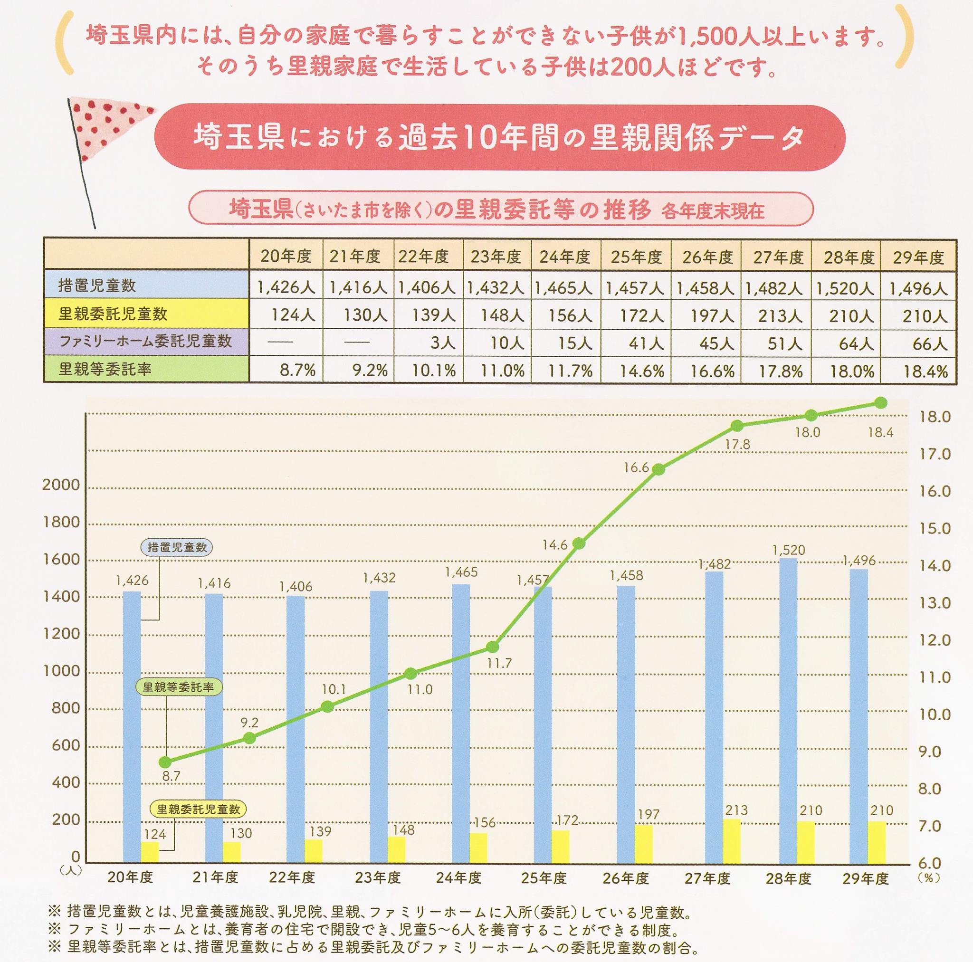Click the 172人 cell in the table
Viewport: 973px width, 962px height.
tap(636, 316)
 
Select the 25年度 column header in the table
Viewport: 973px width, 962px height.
tap(636, 257)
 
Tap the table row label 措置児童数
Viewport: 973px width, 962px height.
tap(97, 286)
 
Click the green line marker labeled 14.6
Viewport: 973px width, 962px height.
tap(579, 543)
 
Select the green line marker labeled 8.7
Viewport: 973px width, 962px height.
tap(164, 762)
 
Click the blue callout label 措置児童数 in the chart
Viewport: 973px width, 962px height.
tap(177, 547)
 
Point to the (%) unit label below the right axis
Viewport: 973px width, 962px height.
tap(925, 877)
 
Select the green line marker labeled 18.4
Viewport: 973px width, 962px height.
tap(880, 402)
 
